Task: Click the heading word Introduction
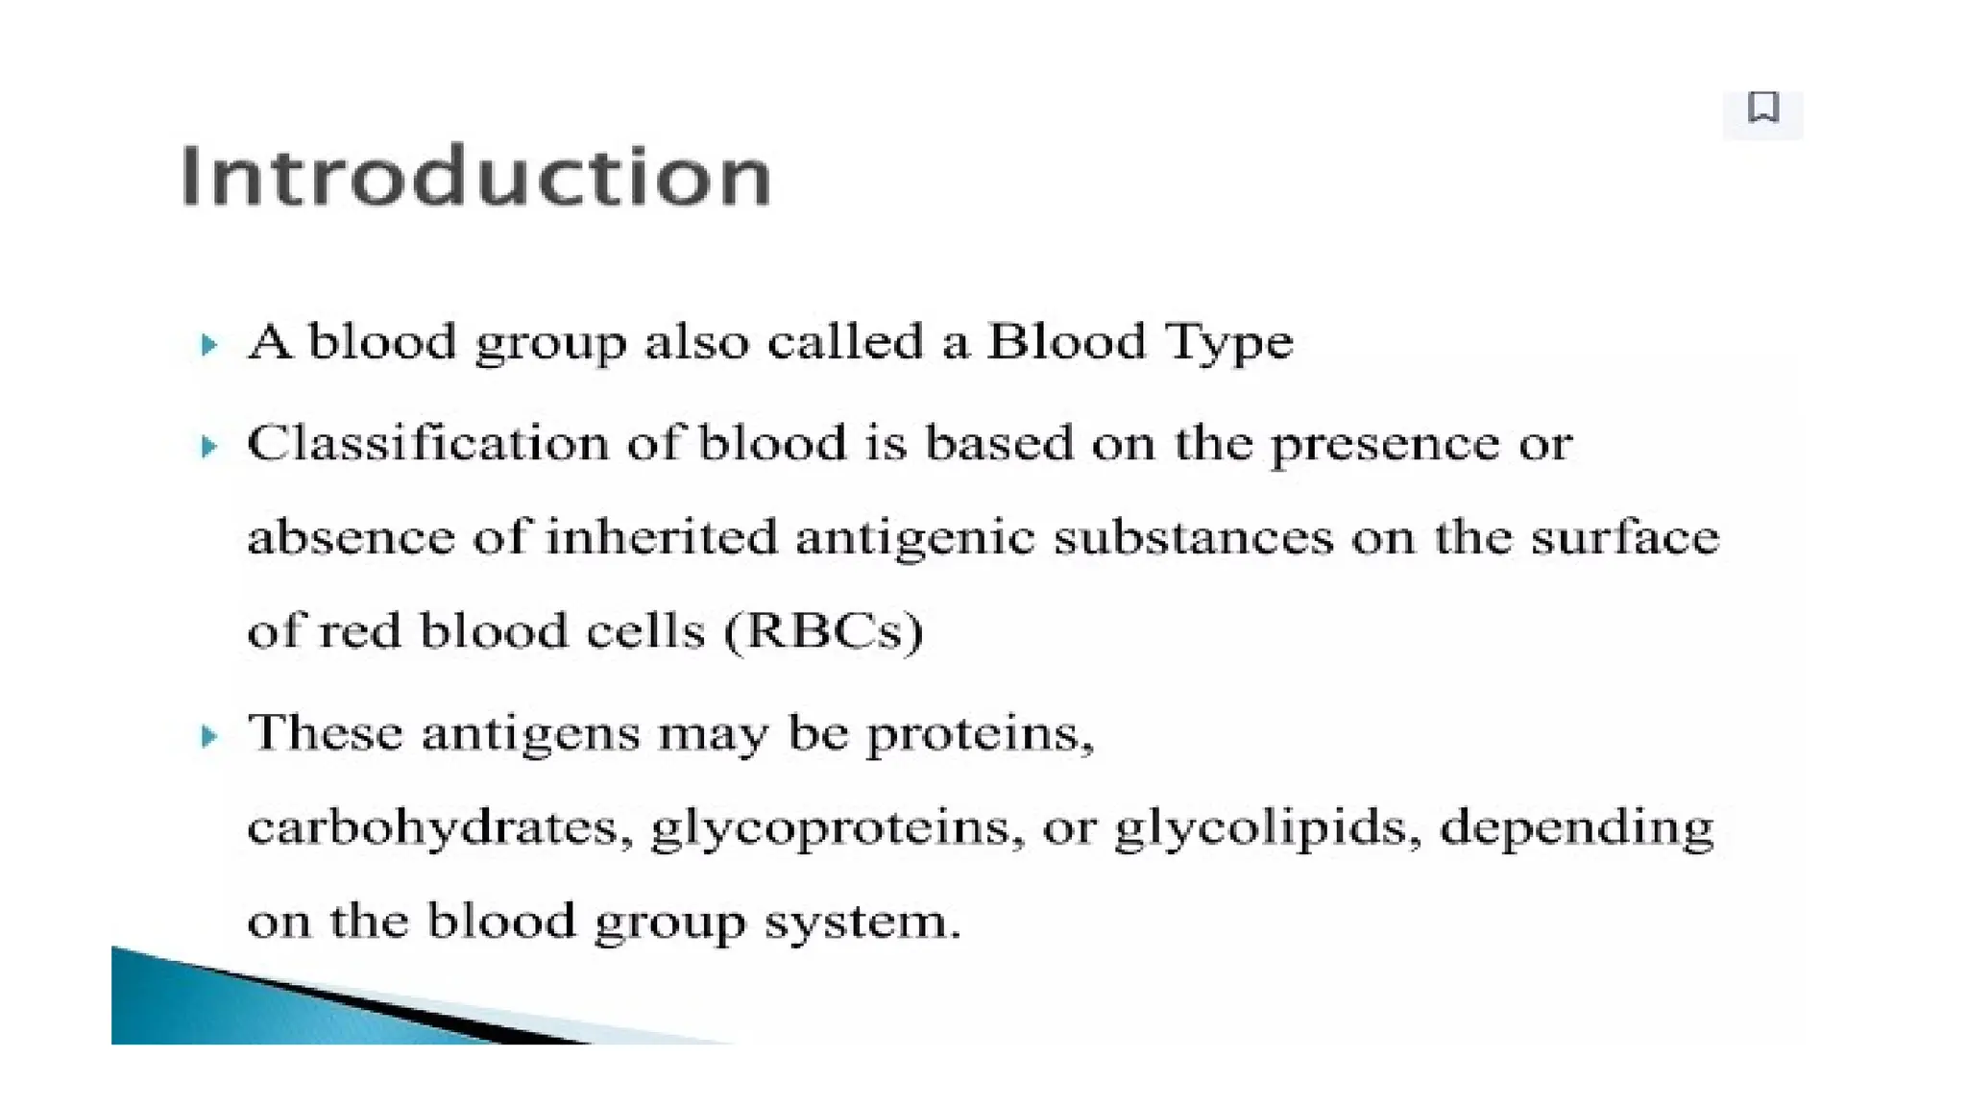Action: [x=475, y=176]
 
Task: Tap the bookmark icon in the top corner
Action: [x=1762, y=108]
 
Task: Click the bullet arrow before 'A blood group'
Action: [x=208, y=344]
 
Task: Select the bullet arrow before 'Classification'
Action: [x=208, y=446]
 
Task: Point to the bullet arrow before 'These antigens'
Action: [x=208, y=736]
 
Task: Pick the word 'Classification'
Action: [x=427, y=444]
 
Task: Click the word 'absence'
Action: [x=351, y=537]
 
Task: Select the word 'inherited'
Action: [x=661, y=536]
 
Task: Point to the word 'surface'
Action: [x=1624, y=536]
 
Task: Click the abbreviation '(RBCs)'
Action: [x=824, y=631]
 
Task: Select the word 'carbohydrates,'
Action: [x=440, y=827]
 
